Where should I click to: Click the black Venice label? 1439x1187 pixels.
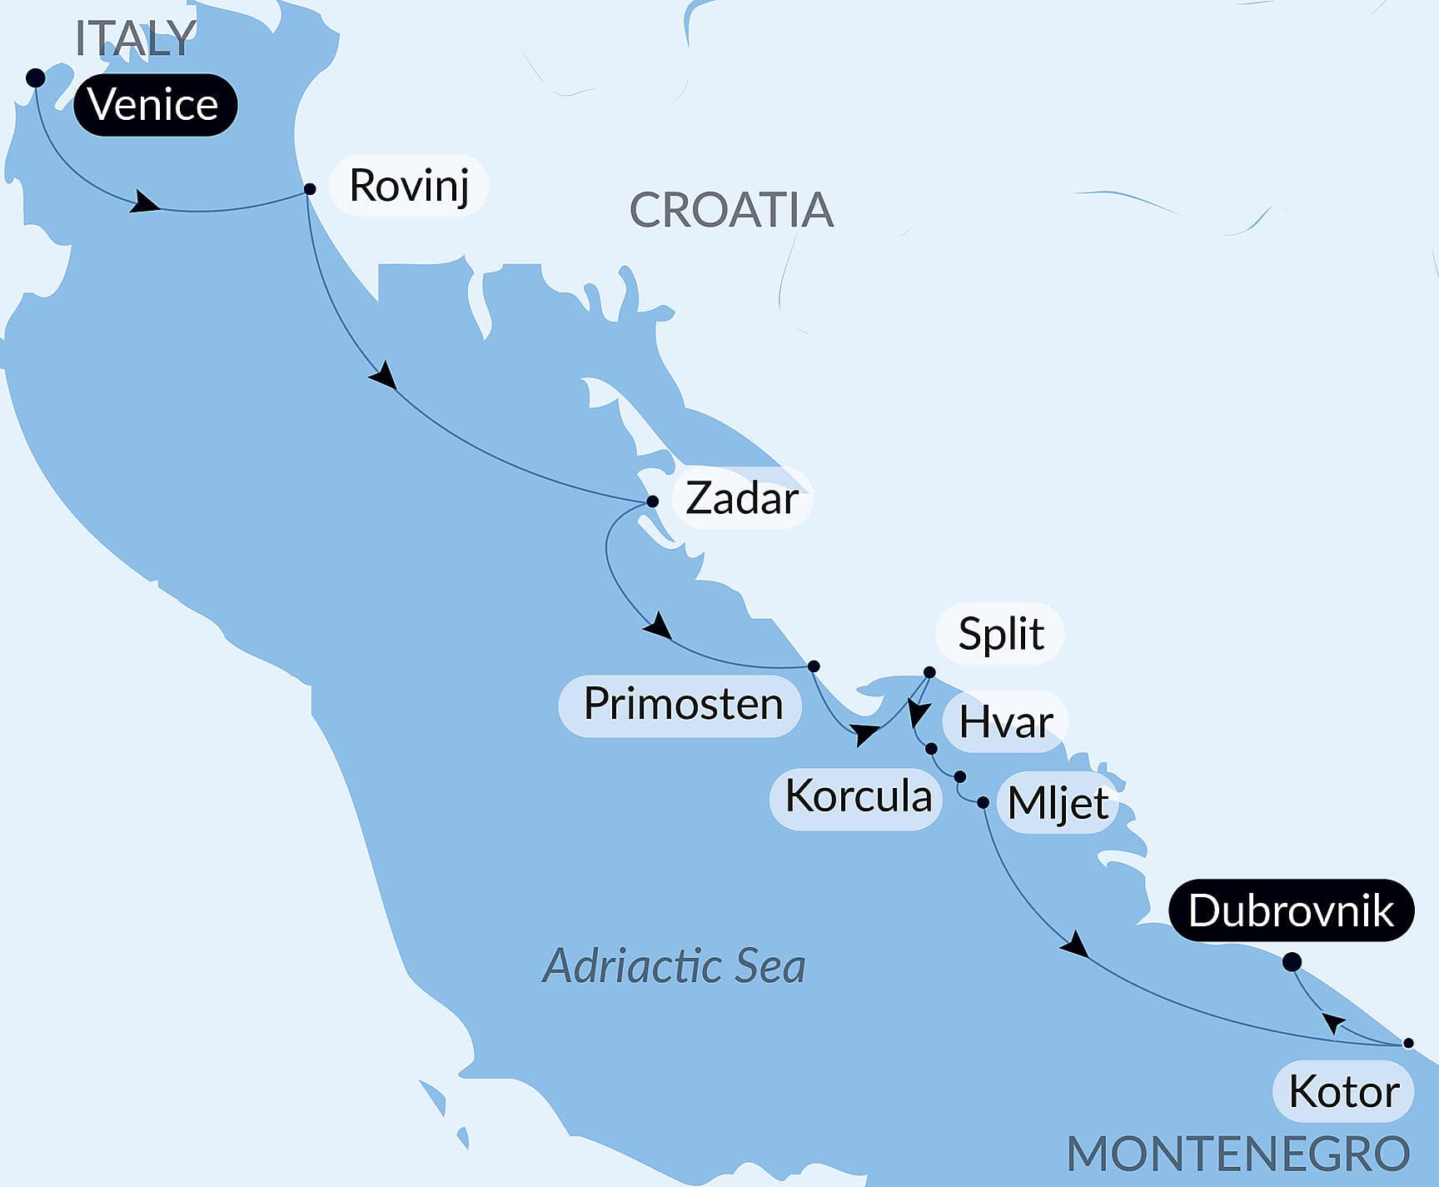155,105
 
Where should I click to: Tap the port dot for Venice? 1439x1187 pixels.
35,78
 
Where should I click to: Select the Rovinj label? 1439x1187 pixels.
408,185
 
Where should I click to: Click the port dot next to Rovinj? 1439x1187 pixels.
310,189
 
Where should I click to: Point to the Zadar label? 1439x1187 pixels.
741,498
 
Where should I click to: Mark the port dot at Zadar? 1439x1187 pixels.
653,501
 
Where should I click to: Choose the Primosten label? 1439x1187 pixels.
680,705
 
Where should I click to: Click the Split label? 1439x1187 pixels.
999,634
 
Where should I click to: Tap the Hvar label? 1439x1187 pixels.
1004,721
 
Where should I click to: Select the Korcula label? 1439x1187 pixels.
857,797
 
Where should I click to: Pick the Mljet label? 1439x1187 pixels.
1057,804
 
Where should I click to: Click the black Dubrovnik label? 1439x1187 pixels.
1291,910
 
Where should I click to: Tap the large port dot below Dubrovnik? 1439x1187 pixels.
1292,963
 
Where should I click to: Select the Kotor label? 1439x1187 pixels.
1343,1092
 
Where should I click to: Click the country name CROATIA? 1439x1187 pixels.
731,210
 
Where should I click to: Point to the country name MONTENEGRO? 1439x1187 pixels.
1237,1155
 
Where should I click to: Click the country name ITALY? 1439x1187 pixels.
135,38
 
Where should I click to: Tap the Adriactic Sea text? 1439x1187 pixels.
674,966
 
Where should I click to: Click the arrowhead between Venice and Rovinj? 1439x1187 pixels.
145,202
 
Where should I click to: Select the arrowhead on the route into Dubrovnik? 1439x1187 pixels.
1334,1021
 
